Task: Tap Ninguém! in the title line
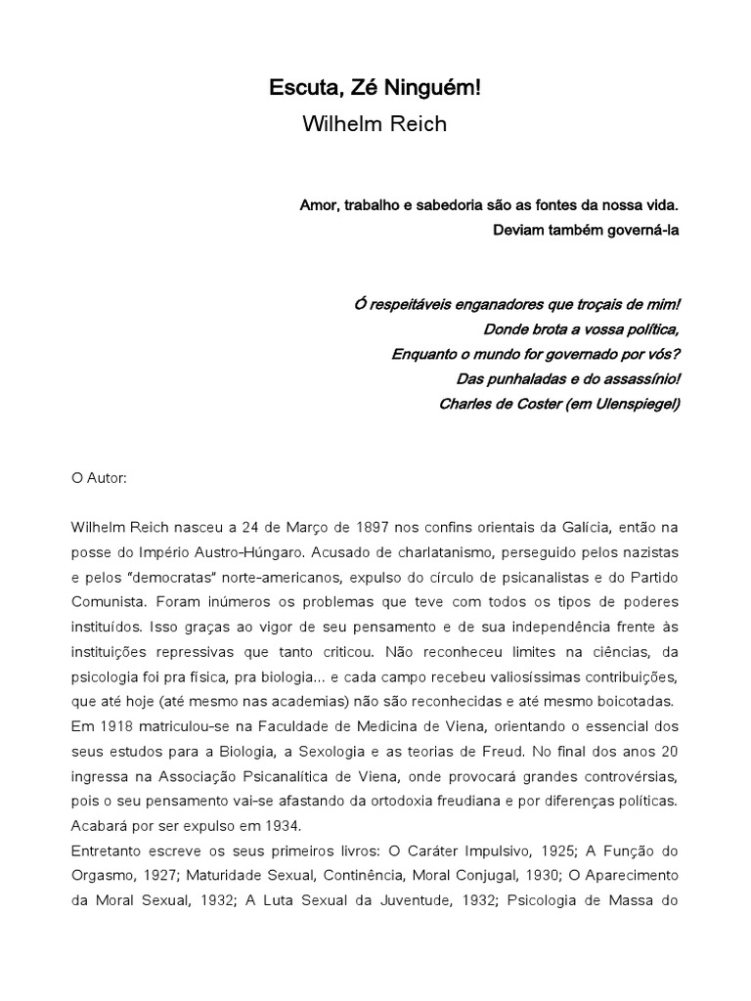(x=440, y=90)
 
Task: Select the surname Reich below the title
(x=420, y=125)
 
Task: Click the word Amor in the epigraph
(x=317, y=206)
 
